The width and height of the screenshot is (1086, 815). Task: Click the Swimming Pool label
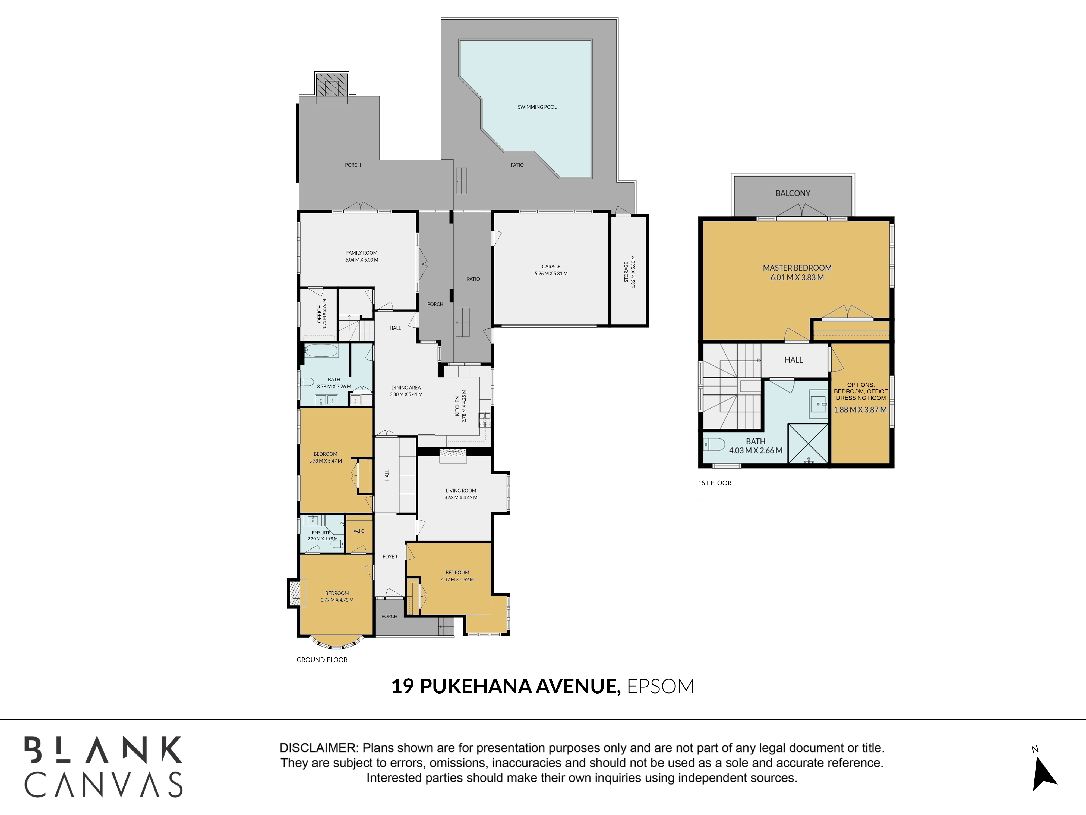point(537,107)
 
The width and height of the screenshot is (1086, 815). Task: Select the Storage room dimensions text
point(633,272)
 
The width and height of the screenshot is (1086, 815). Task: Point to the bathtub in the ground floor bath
point(321,350)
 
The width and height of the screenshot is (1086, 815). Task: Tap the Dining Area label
point(406,388)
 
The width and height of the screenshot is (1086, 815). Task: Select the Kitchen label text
point(457,406)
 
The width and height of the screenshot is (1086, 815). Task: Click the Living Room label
point(461,490)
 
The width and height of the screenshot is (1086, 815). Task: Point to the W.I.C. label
point(359,531)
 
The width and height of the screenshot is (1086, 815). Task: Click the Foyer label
point(390,557)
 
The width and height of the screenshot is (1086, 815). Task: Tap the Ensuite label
point(321,532)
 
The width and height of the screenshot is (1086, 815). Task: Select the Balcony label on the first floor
point(793,193)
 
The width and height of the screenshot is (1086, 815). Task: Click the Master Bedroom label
point(797,268)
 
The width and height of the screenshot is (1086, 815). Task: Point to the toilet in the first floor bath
point(714,445)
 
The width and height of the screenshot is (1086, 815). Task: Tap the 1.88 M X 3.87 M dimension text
point(861,410)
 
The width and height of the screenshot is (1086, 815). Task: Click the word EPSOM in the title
point(661,686)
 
